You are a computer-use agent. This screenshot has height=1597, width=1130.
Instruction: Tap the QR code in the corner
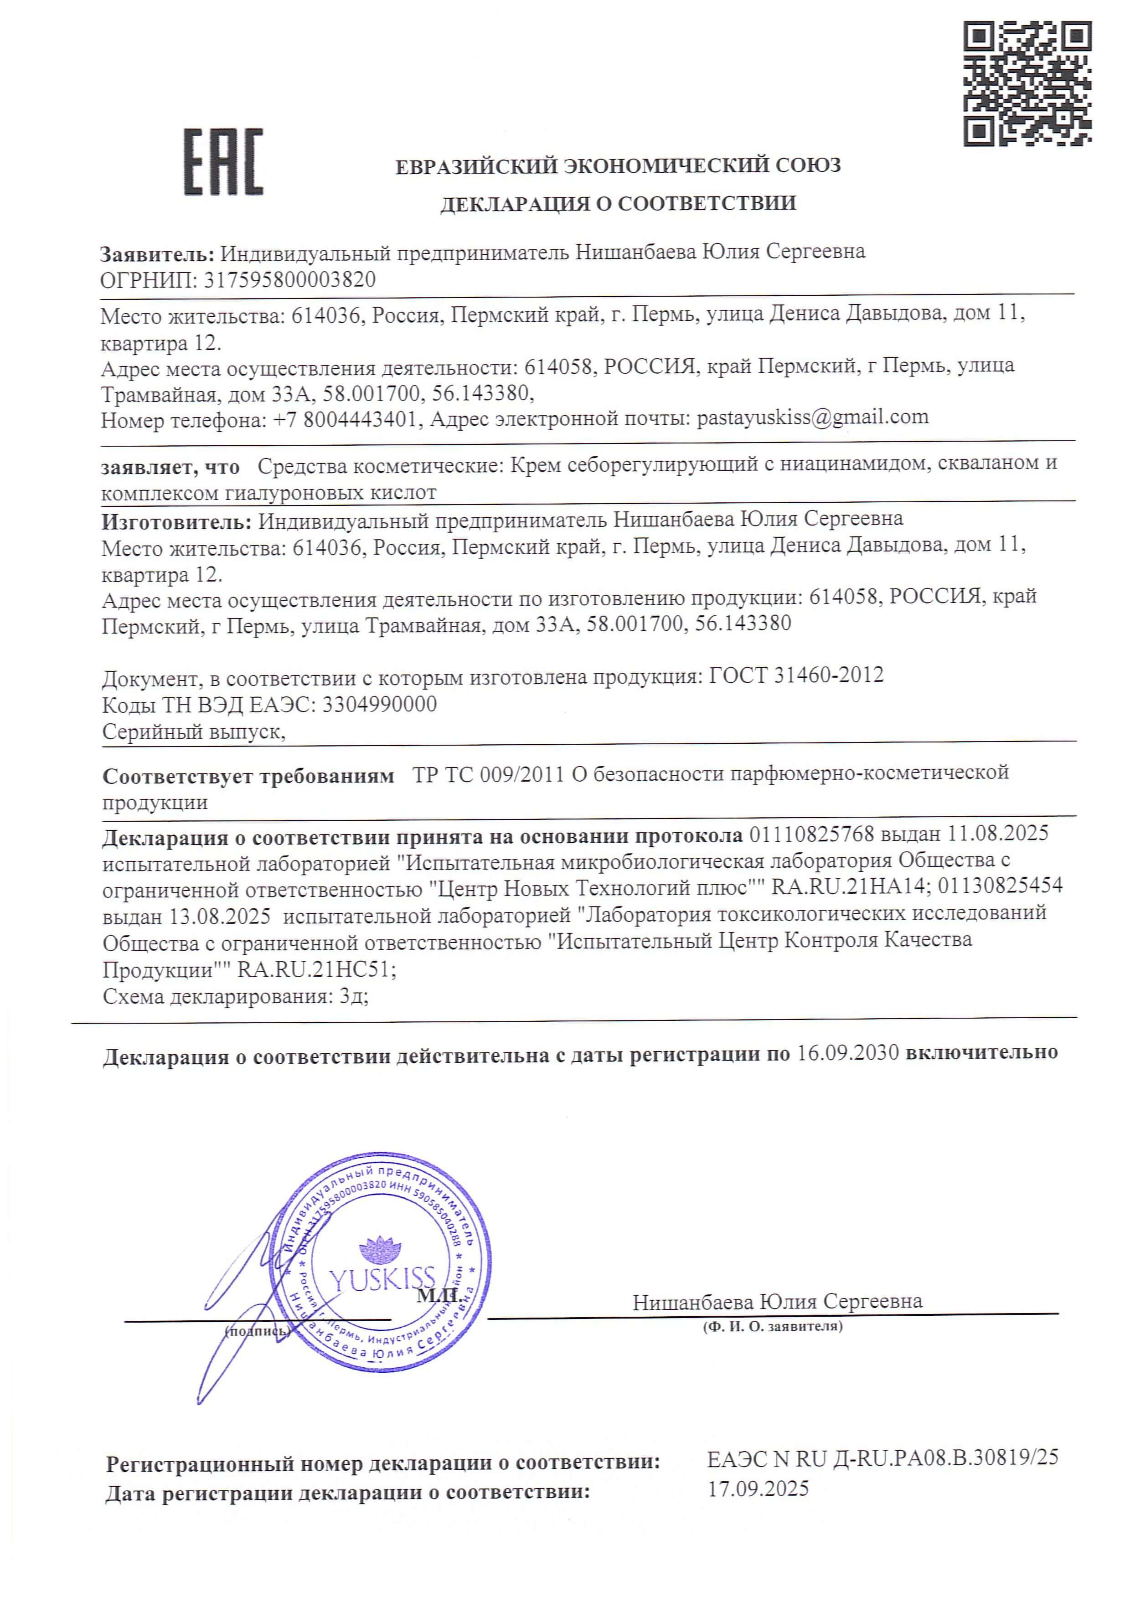pyautogui.click(x=1027, y=83)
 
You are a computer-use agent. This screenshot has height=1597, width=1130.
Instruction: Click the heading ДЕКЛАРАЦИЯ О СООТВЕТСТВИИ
pyautogui.click(x=618, y=203)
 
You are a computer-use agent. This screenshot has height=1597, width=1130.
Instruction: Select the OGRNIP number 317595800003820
pyautogui.click(x=289, y=280)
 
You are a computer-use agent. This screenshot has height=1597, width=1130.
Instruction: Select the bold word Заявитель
pyautogui.click(x=157, y=253)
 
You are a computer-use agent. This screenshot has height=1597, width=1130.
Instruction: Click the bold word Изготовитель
pyautogui.click(x=177, y=520)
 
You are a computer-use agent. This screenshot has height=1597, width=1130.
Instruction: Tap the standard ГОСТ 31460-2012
pyautogui.click(x=795, y=675)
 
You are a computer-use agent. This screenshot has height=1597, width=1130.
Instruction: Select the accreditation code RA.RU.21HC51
pyautogui.click(x=317, y=969)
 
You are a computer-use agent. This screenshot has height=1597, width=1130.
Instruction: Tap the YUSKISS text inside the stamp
pyautogui.click(x=382, y=1278)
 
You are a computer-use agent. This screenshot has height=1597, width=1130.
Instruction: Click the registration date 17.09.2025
pyautogui.click(x=758, y=1488)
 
